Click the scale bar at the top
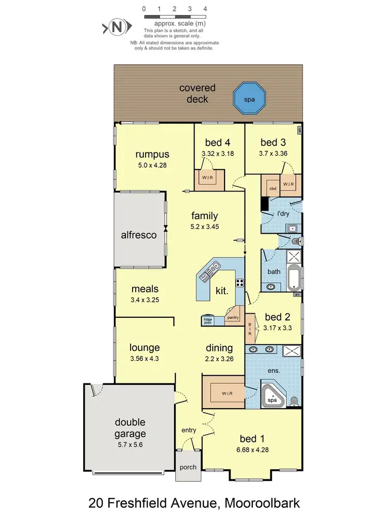pos(174,17)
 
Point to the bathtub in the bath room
pos(293,278)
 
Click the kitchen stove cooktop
pos(240,282)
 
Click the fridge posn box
pos(208,320)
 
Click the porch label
pos(188,467)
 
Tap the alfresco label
pos(138,235)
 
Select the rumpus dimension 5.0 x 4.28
pos(152,165)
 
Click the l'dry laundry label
pos(283,214)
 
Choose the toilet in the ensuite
pos(294,400)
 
